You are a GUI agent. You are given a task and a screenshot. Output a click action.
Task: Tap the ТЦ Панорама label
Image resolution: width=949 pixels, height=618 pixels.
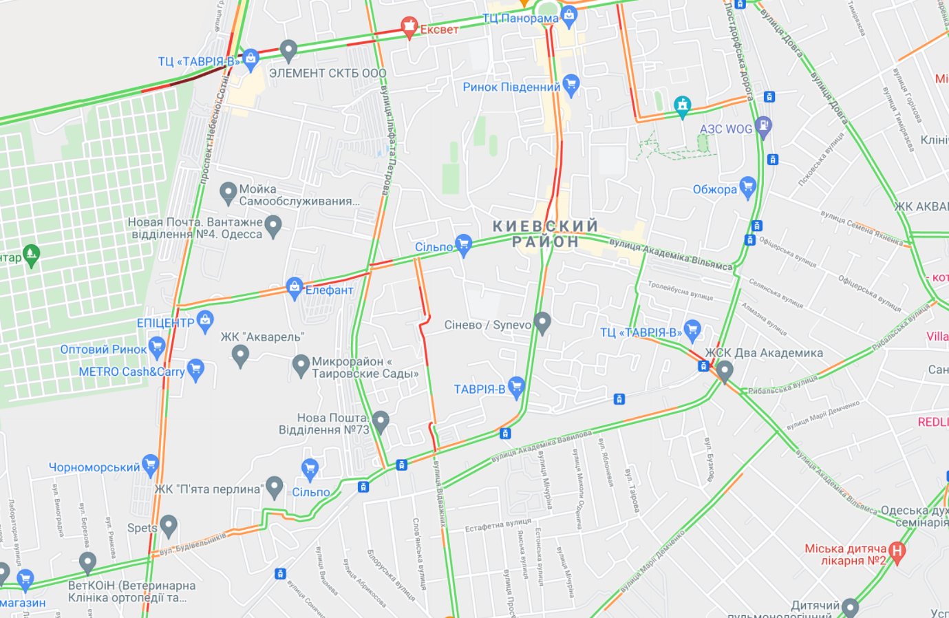point(520,19)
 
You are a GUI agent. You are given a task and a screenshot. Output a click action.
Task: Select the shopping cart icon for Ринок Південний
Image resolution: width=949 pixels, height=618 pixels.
point(571,85)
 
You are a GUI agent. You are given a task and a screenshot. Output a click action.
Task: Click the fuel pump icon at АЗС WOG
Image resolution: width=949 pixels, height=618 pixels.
point(763,126)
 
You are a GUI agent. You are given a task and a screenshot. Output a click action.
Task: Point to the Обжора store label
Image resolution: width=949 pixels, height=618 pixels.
point(714,190)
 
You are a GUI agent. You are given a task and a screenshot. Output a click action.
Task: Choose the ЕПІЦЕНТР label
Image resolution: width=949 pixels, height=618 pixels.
point(165,323)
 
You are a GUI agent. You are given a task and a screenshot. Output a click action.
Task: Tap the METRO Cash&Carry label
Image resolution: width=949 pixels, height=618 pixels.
point(131,372)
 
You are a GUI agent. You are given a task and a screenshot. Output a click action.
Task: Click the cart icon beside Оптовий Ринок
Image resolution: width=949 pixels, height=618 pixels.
point(157,348)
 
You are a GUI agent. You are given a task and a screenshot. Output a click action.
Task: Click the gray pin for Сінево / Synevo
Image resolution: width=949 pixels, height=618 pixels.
point(542,322)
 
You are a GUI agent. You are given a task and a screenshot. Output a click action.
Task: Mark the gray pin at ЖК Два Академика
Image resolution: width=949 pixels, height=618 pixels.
point(724,371)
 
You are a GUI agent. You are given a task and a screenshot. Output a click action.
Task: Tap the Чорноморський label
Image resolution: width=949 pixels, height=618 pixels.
point(94,467)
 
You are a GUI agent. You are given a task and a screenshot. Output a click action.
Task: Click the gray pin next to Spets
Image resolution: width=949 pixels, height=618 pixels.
point(169,526)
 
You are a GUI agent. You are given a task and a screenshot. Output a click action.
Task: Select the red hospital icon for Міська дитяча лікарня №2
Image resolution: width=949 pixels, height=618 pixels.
point(896,551)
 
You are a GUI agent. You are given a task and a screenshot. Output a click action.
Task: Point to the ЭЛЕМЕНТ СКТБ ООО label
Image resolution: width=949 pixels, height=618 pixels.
point(328,73)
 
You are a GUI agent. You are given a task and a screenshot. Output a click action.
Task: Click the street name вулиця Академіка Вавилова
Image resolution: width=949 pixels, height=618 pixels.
point(541,447)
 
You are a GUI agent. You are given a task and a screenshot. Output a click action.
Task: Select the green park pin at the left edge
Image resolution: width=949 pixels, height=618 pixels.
point(31,255)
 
